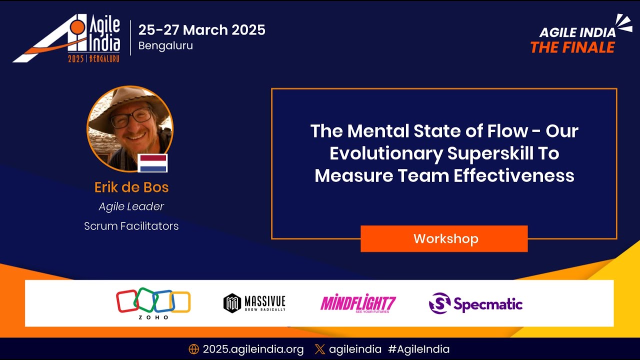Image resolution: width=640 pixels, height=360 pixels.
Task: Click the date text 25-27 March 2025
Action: click(x=201, y=30)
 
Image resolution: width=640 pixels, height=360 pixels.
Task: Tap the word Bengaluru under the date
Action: click(x=165, y=45)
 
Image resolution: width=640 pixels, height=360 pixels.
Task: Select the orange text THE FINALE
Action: click(x=572, y=47)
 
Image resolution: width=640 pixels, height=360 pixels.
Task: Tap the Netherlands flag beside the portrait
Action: click(x=152, y=163)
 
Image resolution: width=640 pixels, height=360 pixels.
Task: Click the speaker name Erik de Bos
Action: click(x=131, y=187)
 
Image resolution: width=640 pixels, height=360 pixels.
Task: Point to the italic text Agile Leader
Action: click(x=131, y=206)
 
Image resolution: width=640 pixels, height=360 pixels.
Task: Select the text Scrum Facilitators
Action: click(x=131, y=226)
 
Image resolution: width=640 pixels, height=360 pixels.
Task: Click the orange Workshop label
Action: click(x=444, y=239)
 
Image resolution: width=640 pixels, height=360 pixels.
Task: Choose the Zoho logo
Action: click(x=153, y=303)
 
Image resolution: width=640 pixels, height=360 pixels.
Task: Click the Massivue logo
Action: click(x=254, y=303)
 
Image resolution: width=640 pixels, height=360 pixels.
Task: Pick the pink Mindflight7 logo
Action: click(x=358, y=303)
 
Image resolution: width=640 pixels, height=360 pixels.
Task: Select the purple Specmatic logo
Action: click(x=475, y=303)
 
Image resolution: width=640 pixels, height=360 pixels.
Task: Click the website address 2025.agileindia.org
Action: click(x=253, y=349)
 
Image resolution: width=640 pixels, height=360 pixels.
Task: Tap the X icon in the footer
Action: click(x=320, y=349)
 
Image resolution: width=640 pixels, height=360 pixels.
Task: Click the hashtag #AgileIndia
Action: click(x=419, y=349)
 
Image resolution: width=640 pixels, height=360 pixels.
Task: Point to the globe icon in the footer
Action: click(x=194, y=349)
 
